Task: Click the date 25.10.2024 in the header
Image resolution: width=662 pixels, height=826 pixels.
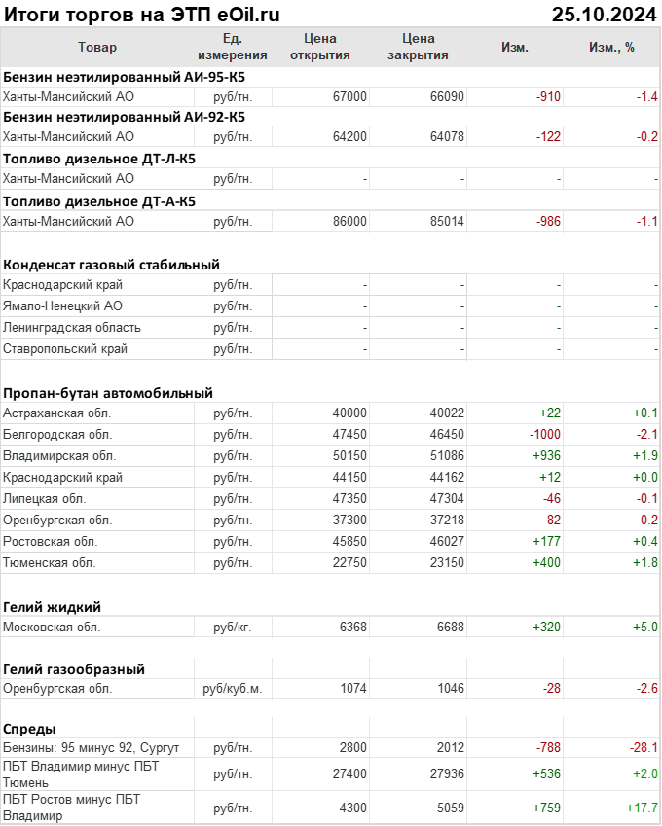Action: click(605, 14)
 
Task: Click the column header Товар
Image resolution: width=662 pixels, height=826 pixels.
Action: click(97, 47)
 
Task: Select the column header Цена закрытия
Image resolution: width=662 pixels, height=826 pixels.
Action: click(418, 47)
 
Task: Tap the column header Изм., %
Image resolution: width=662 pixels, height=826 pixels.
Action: click(611, 47)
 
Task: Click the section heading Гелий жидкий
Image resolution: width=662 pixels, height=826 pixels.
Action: click(53, 606)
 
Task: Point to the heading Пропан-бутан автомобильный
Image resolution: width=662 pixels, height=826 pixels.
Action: click(108, 393)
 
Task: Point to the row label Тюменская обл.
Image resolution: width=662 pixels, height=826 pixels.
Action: click(49, 562)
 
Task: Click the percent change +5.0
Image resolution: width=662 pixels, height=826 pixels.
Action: click(644, 627)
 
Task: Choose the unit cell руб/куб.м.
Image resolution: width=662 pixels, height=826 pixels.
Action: click(233, 688)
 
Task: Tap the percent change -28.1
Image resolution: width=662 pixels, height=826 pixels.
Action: click(642, 747)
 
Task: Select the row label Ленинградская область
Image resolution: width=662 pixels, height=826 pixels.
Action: click(72, 327)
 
